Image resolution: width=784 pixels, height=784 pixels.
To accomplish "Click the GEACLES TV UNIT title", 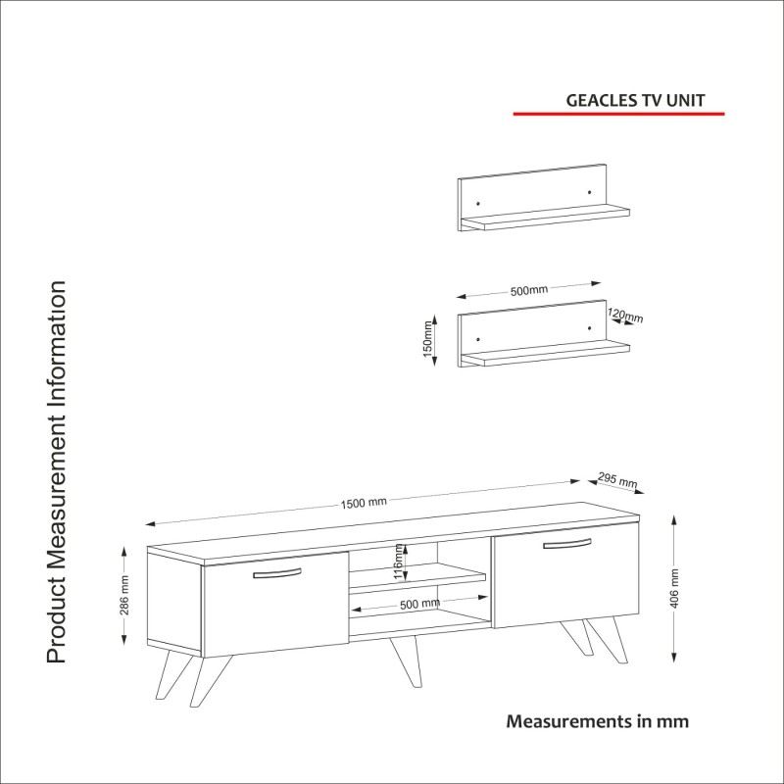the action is pyautogui.click(x=635, y=101).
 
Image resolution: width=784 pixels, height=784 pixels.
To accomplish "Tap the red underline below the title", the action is pyautogui.click(x=618, y=114).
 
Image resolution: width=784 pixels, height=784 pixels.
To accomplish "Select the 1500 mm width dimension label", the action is pyautogui.click(x=364, y=503).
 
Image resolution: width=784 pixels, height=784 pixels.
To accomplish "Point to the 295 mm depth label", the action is pyautogui.click(x=617, y=480).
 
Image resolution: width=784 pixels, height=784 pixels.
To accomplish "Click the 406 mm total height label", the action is pyautogui.click(x=674, y=588).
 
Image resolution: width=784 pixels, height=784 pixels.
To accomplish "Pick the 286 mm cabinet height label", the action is pyautogui.click(x=124, y=595).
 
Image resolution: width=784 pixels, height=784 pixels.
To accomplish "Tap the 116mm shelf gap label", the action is pyautogui.click(x=398, y=563).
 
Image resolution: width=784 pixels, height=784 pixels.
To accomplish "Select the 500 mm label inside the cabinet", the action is pyautogui.click(x=419, y=604).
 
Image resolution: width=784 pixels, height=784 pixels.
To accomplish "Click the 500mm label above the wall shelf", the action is pyautogui.click(x=528, y=290).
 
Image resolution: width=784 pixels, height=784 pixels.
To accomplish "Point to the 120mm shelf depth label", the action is pyautogui.click(x=625, y=316).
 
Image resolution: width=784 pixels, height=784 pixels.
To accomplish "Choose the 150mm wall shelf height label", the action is pyautogui.click(x=427, y=339).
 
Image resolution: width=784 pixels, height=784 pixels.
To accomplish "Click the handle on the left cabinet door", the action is pyautogui.click(x=277, y=573).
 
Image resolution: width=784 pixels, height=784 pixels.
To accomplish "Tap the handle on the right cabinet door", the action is pyautogui.click(x=567, y=544).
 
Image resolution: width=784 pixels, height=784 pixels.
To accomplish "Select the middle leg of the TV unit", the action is pyautogui.click(x=406, y=661).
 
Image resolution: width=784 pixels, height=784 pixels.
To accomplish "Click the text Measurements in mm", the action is pyautogui.click(x=598, y=721).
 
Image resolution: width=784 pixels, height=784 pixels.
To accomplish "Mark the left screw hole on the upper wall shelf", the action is pyautogui.click(x=478, y=204).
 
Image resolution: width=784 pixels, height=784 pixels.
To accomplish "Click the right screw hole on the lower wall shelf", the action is pyautogui.click(x=590, y=328).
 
